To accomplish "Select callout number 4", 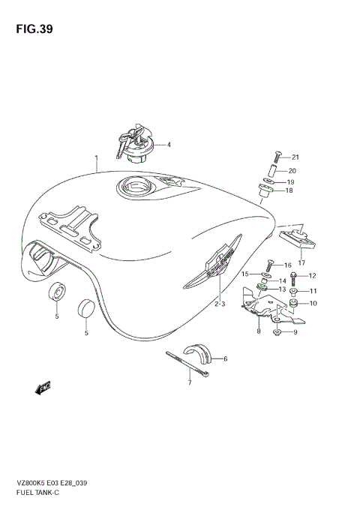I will [169, 145].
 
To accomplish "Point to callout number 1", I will [96, 158].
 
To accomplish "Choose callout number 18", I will [289, 191].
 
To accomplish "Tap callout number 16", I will [287, 265].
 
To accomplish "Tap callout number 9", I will [295, 332].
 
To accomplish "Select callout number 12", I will [313, 276].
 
